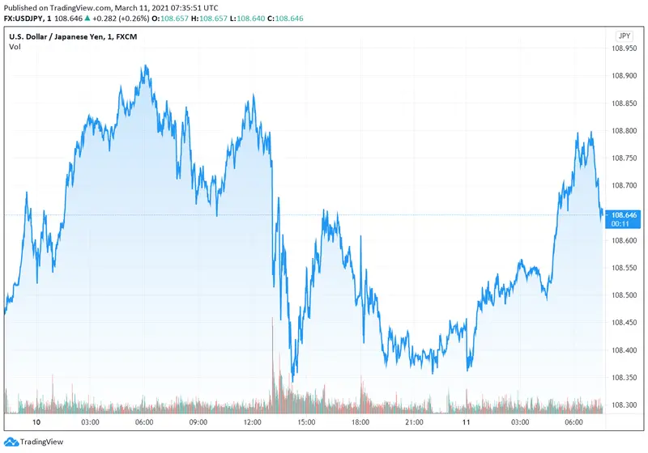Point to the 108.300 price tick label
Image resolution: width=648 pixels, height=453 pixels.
coord(624,405)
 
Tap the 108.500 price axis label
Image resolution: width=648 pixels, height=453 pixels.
coord(624,295)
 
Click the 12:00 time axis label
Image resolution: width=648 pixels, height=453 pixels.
coord(252,422)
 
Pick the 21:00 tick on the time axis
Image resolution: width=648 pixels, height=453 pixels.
coord(414,422)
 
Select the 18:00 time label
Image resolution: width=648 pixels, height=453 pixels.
coord(360,422)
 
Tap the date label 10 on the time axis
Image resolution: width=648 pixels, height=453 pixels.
coord(36,422)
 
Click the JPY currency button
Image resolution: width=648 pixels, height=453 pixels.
coord(624,36)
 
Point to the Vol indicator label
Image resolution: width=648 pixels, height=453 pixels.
coord(15,47)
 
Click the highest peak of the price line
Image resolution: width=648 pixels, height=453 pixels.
coord(145,66)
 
